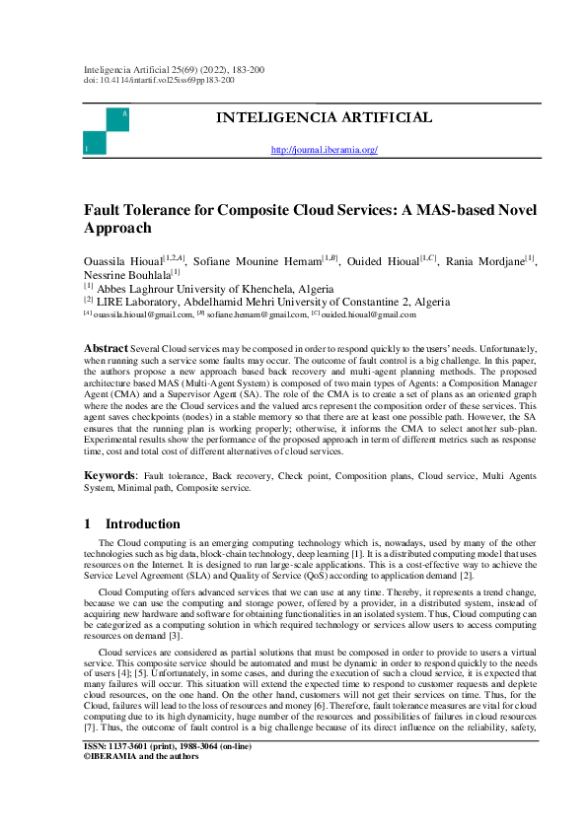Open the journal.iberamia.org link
pyautogui.click(x=324, y=150)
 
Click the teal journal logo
pyautogui.click(x=107, y=130)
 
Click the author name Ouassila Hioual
pyautogui.click(x=125, y=259)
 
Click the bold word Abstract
pyautogui.click(x=105, y=349)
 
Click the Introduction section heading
pyautogui.click(x=143, y=524)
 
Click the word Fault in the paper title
pyautogui.click(x=103, y=210)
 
